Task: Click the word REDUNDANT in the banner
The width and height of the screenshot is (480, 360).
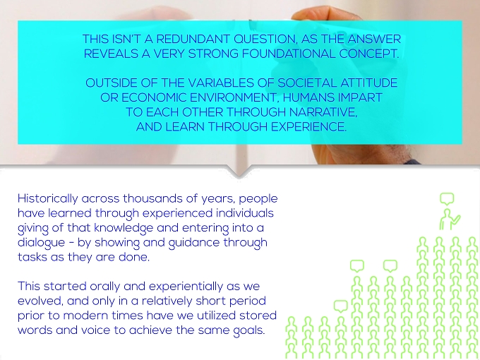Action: click(x=193, y=40)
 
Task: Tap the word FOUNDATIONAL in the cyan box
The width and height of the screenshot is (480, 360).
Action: click(x=289, y=54)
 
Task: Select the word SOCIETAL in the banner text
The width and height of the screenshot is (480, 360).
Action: click(x=307, y=83)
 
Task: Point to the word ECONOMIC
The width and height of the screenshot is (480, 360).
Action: click(x=154, y=97)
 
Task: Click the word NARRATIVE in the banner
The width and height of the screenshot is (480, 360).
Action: click(x=323, y=112)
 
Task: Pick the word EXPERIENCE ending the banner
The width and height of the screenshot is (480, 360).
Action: click(x=309, y=127)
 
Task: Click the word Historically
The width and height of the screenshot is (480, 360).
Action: click(x=48, y=199)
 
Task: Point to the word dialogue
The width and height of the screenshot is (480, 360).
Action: click(x=42, y=243)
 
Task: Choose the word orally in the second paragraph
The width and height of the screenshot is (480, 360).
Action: click(x=104, y=287)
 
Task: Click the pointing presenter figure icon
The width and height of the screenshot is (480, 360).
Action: click(x=450, y=220)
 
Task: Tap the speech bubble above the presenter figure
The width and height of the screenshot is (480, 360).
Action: click(x=447, y=199)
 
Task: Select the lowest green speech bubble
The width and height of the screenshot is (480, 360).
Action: click(x=341, y=306)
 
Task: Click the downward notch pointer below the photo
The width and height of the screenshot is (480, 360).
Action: click(x=240, y=172)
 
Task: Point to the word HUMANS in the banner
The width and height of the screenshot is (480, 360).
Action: click(x=308, y=97)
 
